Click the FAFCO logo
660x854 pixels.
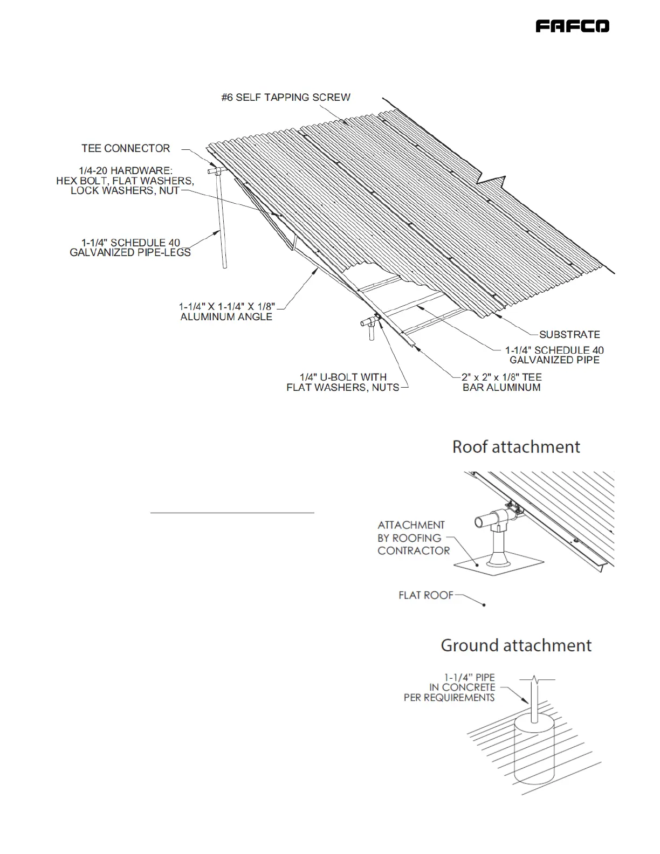(x=572, y=26)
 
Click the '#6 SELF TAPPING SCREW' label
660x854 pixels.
(x=286, y=98)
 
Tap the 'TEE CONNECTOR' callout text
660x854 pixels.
(x=126, y=148)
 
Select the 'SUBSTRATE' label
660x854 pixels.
(x=569, y=334)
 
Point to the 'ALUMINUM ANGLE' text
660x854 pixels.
(x=226, y=317)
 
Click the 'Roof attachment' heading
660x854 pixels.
(x=516, y=447)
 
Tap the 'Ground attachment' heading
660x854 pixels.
(x=516, y=645)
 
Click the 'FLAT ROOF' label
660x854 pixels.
(x=426, y=595)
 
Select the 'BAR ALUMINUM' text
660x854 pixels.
(x=501, y=387)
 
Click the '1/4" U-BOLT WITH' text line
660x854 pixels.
(x=343, y=377)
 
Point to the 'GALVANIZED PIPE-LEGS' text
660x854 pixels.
(x=130, y=252)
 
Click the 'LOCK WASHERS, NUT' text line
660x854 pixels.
(x=125, y=191)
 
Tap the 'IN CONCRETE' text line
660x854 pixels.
(x=462, y=687)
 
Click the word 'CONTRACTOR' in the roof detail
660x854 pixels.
(x=414, y=551)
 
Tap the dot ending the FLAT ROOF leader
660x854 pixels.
(x=484, y=605)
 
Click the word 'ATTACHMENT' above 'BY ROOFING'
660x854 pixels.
(x=411, y=525)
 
